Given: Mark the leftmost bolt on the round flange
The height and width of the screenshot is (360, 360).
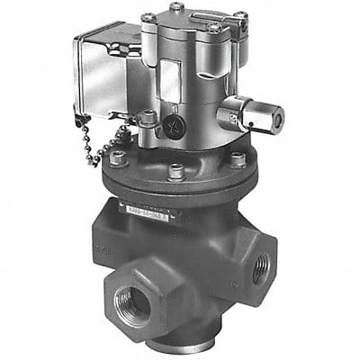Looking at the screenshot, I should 117,157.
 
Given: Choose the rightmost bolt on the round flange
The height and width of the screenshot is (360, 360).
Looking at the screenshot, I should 237,160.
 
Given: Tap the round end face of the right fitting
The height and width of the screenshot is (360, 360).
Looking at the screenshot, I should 272,116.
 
